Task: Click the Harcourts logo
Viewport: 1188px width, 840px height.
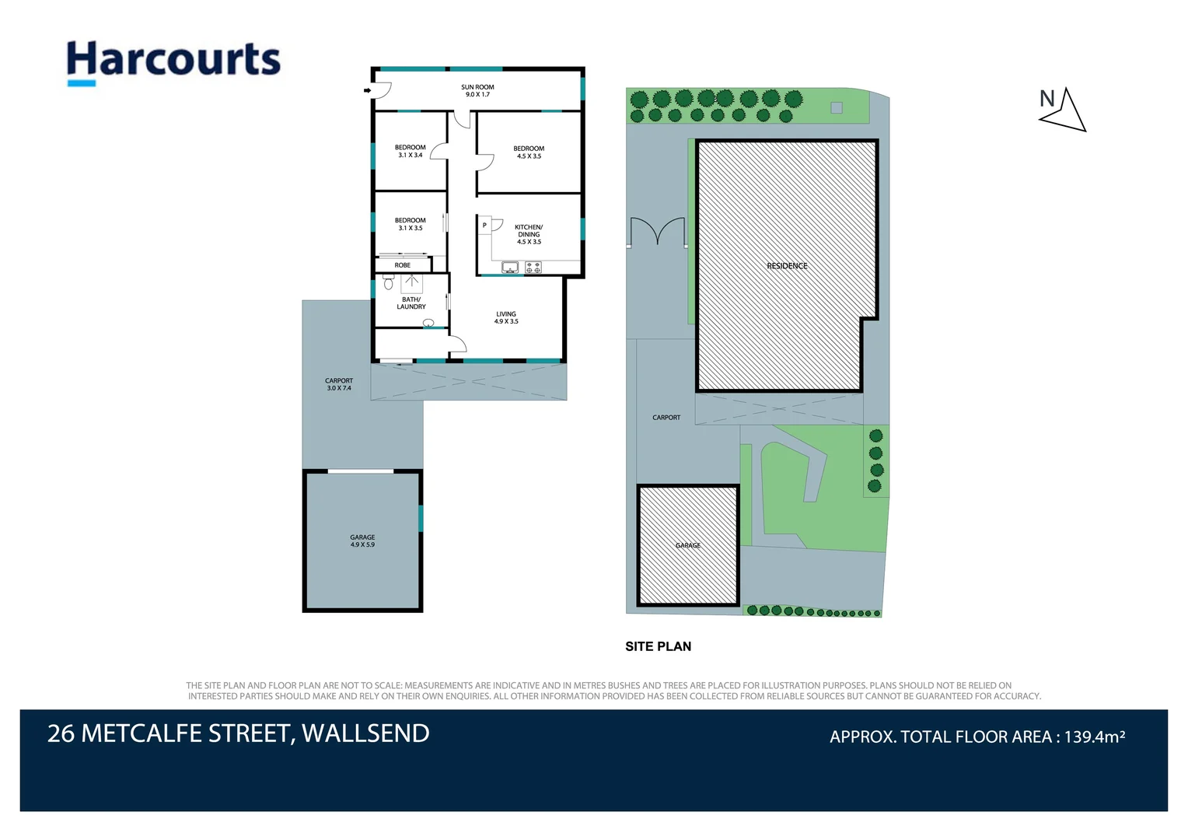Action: pyautogui.click(x=173, y=63)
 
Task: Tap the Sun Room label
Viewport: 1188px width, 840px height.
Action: pyautogui.click(x=477, y=91)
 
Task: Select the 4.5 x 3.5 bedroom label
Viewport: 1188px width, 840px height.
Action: pyautogui.click(x=529, y=152)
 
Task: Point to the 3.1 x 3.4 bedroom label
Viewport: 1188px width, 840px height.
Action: pyautogui.click(x=410, y=151)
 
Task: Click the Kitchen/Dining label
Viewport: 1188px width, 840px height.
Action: pyautogui.click(x=529, y=234)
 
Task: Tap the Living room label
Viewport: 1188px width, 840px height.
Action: pyautogui.click(x=506, y=317)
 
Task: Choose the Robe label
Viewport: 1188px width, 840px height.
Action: pyautogui.click(x=402, y=264)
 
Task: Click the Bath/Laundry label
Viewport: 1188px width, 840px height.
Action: pyautogui.click(x=411, y=303)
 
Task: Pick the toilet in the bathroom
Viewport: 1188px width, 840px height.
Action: pyautogui.click(x=388, y=282)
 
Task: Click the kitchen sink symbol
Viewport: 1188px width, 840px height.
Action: pyautogui.click(x=510, y=268)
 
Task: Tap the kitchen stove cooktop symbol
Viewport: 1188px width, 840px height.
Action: pyautogui.click(x=533, y=268)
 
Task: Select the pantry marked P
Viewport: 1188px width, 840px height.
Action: pyautogui.click(x=484, y=226)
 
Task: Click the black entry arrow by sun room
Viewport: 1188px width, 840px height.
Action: pyautogui.click(x=367, y=91)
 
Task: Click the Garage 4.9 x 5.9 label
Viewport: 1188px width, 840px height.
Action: pyautogui.click(x=362, y=541)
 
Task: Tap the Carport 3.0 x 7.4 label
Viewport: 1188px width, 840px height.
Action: pyautogui.click(x=339, y=384)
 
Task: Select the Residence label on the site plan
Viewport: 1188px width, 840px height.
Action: pyautogui.click(x=787, y=266)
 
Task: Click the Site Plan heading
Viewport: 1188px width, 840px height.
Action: pyautogui.click(x=659, y=646)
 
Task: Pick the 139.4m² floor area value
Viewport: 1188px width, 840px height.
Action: pyautogui.click(x=1095, y=736)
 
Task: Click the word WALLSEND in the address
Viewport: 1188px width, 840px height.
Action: pyautogui.click(x=365, y=733)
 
